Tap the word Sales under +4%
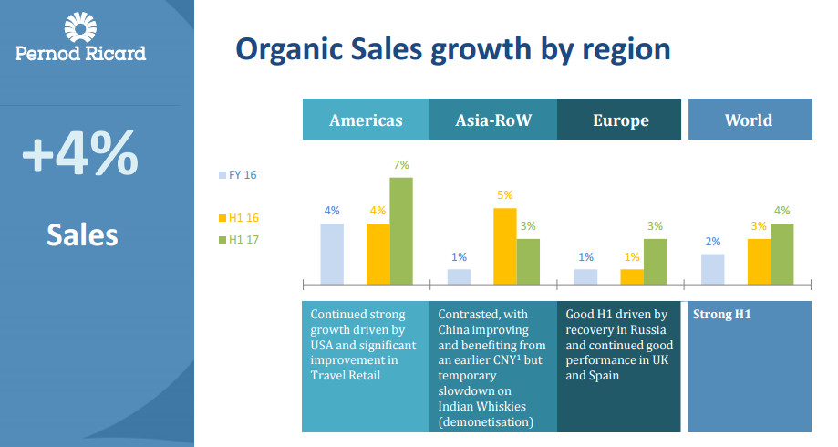coord(83,234)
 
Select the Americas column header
coord(366,120)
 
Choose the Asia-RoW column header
coord(492,120)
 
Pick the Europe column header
coord(620,120)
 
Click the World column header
coord(748,120)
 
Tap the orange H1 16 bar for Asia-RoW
coord(505,246)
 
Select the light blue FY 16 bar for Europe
coord(586,276)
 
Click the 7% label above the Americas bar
coord(401,165)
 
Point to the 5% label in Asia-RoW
coord(505,195)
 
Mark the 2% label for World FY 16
coord(713,242)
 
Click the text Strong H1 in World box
coord(719,315)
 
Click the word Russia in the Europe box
coord(648,330)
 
